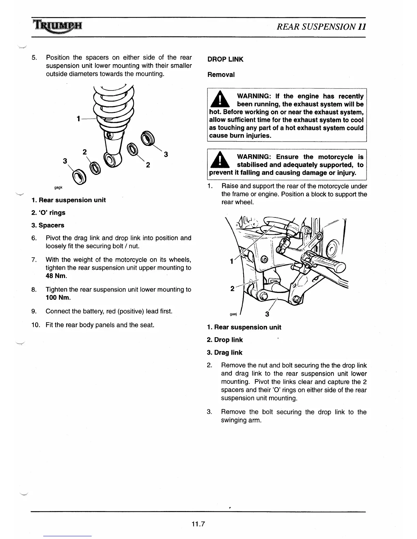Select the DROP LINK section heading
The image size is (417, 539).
(x=225, y=59)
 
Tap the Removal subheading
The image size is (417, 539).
(x=221, y=75)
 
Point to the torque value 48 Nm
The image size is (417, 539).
(x=56, y=276)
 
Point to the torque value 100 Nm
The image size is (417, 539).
(x=58, y=298)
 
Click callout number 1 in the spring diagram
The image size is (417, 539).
(x=78, y=119)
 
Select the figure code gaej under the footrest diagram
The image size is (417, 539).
(x=233, y=314)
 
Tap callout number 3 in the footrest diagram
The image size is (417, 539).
(x=267, y=314)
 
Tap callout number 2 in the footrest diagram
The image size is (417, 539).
(x=232, y=289)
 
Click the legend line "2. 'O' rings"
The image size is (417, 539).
(x=48, y=213)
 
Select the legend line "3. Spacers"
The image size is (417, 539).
(x=48, y=225)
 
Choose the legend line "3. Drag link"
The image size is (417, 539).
(x=225, y=353)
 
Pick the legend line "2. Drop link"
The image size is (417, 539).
(x=225, y=340)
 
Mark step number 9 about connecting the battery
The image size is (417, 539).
(x=34, y=311)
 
